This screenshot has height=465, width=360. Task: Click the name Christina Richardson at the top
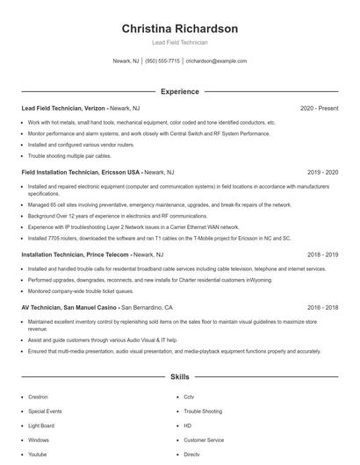[x=179, y=28]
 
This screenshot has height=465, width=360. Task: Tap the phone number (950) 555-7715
[x=162, y=61]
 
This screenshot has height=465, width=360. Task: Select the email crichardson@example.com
[x=216, y=61]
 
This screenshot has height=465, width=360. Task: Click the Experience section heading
[x=179, y=91]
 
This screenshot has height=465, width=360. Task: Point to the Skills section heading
[x=179, y=376]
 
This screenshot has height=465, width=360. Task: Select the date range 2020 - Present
[x=319, y=108]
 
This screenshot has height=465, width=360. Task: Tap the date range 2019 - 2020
[x=322, y=173]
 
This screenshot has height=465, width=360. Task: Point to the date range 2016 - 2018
[x=322, y=308]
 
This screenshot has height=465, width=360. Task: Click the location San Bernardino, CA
[x=147, y=308]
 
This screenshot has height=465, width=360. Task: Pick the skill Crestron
[x=38, y=397]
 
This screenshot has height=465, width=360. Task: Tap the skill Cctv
[x=188, y=397]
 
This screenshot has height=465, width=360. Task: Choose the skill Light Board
[x=40, y=426]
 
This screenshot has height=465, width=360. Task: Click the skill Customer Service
[x=204, y=440]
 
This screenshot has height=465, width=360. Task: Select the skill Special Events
[x=44, y=411]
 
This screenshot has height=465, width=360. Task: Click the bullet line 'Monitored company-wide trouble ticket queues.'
[x=80, y=290]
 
